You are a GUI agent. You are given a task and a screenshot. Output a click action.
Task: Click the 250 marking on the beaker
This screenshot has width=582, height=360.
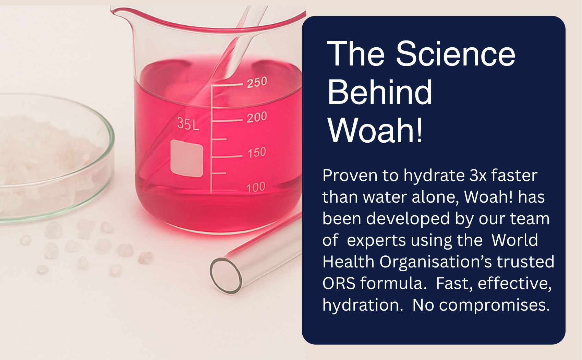[257, 82]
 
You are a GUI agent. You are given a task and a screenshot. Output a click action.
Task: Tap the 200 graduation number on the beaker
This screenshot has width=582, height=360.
[257, 117]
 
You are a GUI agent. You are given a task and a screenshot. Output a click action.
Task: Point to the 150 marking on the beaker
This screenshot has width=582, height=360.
[257, 153]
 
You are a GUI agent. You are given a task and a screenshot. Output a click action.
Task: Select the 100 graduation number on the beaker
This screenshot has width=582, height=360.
[256, 188]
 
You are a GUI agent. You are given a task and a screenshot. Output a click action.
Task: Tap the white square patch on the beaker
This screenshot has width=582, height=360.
[187, 158]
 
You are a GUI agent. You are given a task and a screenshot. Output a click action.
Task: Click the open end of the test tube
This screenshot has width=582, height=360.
[226, 276]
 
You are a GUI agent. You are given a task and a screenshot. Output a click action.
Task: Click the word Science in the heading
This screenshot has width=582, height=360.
[456, 54]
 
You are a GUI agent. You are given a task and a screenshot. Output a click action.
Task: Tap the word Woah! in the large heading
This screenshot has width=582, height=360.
[375, 130]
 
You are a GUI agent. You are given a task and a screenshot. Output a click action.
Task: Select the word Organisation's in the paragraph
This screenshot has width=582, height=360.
[436, 262]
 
